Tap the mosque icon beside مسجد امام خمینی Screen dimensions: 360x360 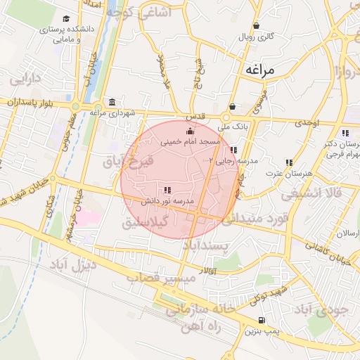(189, 131)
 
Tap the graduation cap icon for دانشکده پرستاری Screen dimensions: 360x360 (66, 19)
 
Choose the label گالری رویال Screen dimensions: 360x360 (257, 35)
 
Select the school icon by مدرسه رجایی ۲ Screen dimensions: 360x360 (233, 150)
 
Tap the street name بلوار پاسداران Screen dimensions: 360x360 (32, 103)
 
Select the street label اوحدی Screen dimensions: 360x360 (307, 123)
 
